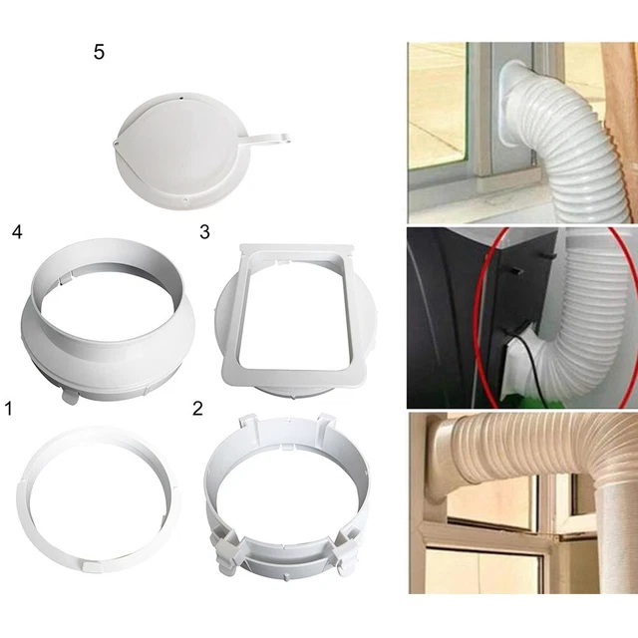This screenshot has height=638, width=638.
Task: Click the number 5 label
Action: coord(99,52)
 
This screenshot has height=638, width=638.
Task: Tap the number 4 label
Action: coord(16,232)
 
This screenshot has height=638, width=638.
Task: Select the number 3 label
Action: coord(204,232)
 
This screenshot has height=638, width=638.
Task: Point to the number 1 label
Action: coord(10,408)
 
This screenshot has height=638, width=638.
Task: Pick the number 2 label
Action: coord(197,408)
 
